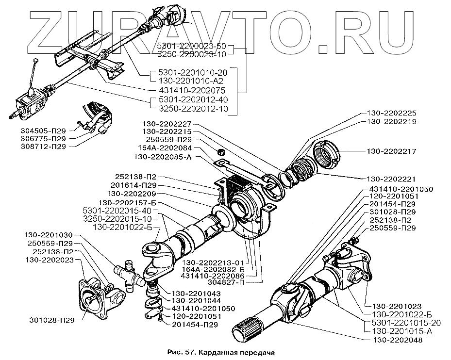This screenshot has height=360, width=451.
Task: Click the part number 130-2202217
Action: click(392, 151)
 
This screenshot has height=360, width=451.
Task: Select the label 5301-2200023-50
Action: click(192, 46)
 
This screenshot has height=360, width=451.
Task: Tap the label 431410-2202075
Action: click(192, 90)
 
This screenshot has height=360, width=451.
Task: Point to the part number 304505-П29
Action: click(43, 131)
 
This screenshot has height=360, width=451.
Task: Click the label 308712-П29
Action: click(43, 147)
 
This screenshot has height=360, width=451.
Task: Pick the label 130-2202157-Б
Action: click(125, 202)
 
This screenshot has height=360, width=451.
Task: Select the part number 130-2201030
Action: click(49, 235)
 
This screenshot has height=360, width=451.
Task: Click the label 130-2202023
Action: click(49, 260)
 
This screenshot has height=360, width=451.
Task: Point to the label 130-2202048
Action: click(398, 340)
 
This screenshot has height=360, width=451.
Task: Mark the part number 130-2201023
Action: click(397, 306)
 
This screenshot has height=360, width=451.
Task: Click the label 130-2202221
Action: click(391, 179)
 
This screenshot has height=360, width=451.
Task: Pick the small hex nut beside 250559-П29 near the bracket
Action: click(221, 151)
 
